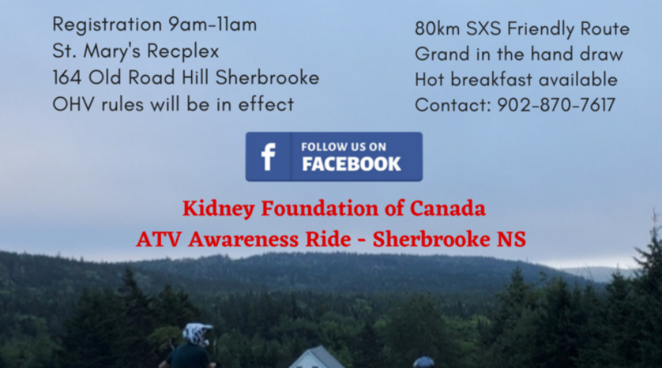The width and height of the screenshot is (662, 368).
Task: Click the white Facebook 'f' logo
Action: (268, 157)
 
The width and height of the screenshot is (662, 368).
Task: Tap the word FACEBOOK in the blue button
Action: (352, 164)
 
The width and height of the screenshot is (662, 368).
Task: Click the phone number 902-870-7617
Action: (556, 105)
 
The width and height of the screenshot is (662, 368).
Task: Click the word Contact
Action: (451, 105)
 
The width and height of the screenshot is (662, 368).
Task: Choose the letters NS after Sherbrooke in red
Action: (511, 240)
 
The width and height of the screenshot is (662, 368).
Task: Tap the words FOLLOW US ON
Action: (344, 147)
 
